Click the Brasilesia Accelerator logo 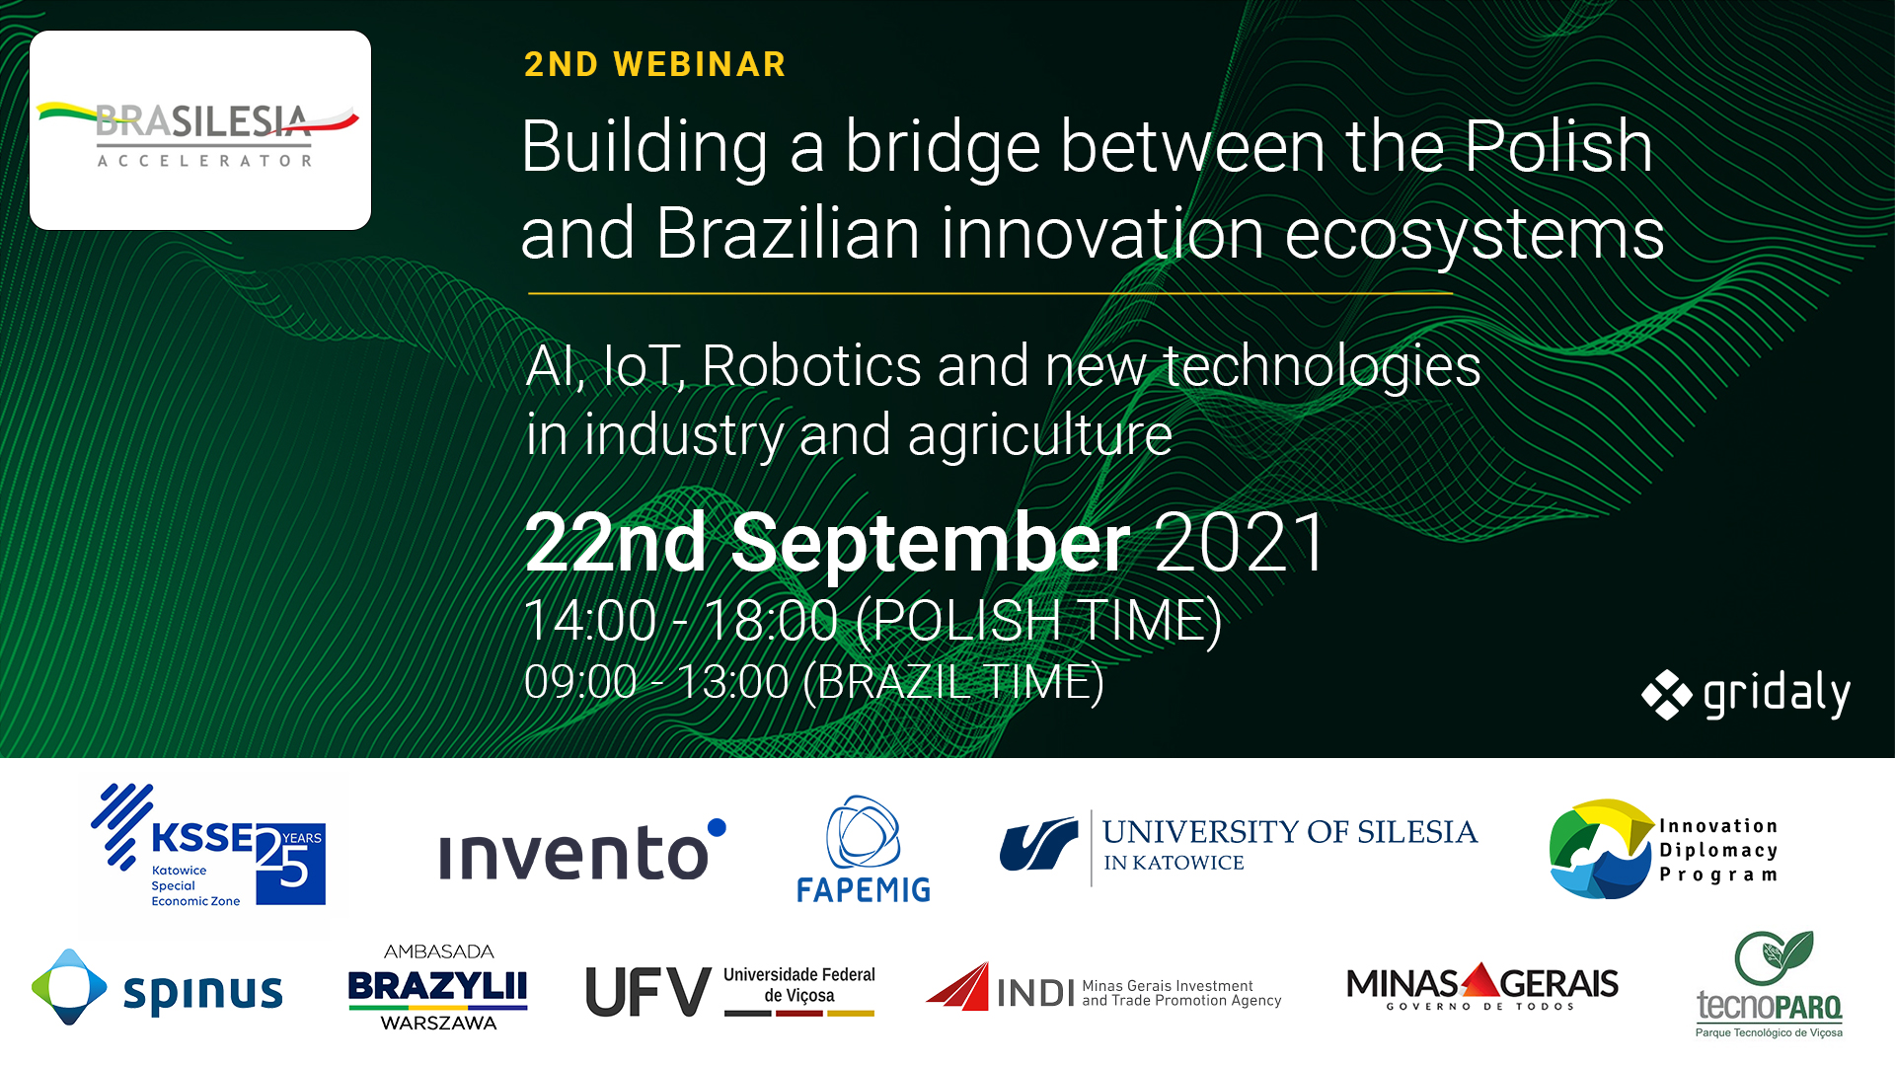click(x=200, y=130)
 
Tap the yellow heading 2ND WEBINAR click(x=654, y=64)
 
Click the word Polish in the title click(x=1557, y=146)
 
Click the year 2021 click(x=1240, y=542)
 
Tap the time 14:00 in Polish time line click(x=590, y=621)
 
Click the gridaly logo click(x=1745, y=694)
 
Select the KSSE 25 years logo click(x=208, y=846)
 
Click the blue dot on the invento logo click(x=717, y=828)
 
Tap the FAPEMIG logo click(x=864, y=849)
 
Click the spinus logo click(x=157, y=987)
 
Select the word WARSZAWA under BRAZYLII click(x=438, y=1024)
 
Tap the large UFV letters click(x=648, y=992)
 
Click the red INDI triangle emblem click(x=957, y=986)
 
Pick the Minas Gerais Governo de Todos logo click(x=1481, y=986)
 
